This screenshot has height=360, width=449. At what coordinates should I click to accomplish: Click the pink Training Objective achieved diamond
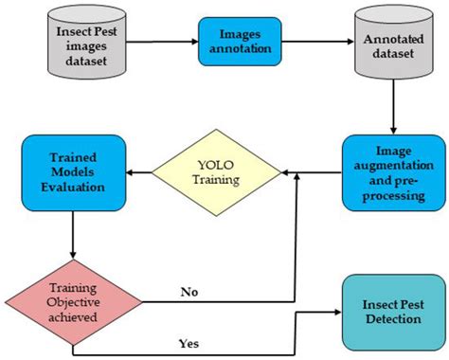pyautogui.click(x=74, y=302)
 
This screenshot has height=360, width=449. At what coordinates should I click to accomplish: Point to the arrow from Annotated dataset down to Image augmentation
pyautogui.click(x=390, y=108)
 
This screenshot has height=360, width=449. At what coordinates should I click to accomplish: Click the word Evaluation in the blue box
pyautogui.click(x=74, y=186)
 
